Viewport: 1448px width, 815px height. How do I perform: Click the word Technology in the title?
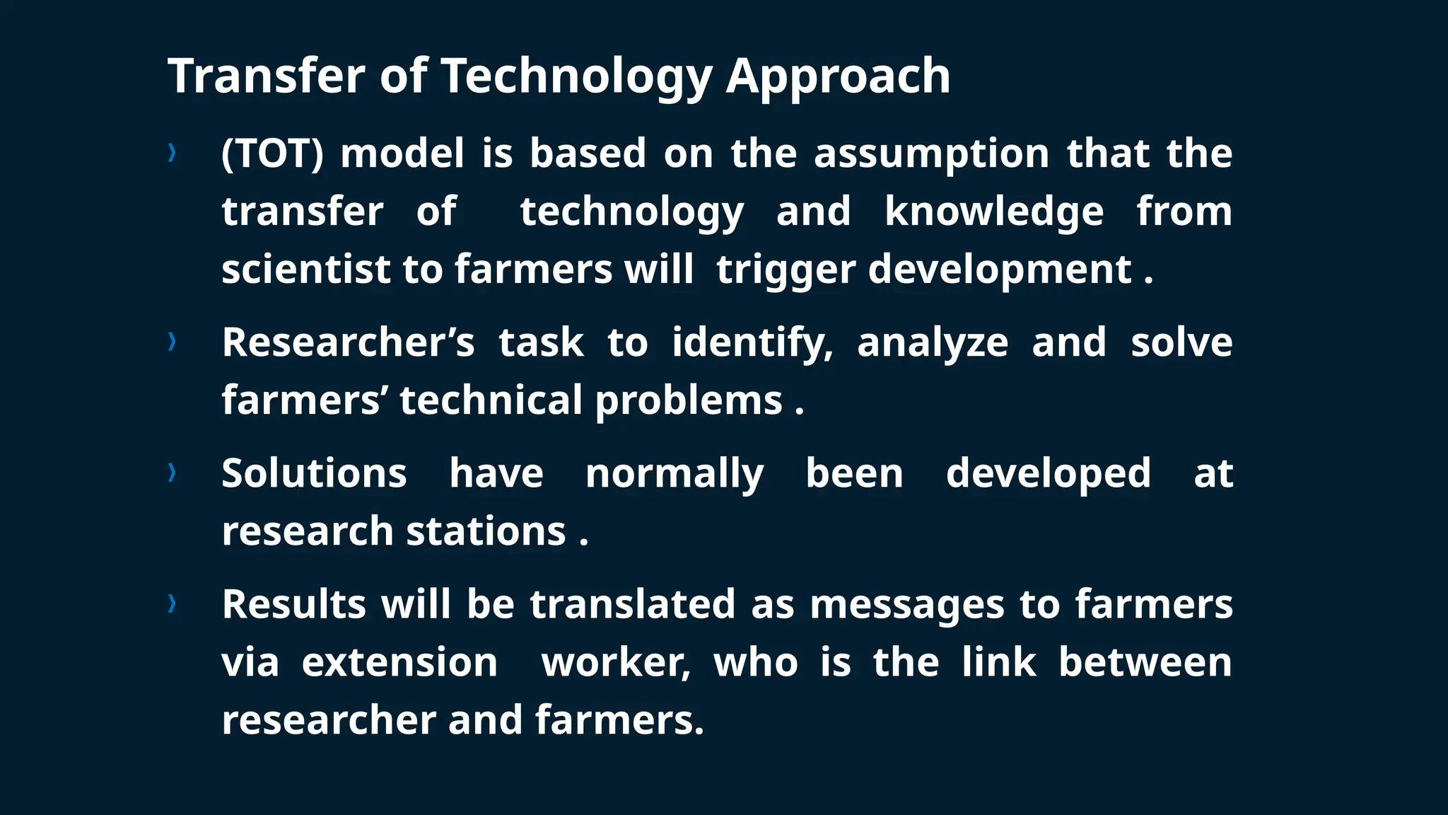[x=576, y=76]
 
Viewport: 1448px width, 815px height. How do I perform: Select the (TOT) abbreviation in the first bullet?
[x=272, y=154]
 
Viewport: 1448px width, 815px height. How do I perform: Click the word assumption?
[x=931, y=154]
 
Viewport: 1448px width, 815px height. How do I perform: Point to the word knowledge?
[x=993, y=212]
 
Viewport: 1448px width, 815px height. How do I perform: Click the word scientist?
[x=305, y=270]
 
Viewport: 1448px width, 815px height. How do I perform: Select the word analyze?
[x=932, y=343]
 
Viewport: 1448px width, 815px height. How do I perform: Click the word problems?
[x=688, y=401]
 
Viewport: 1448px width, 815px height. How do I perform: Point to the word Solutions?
[x=314, y=473]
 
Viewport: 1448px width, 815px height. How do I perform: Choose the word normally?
[x=674, y=474]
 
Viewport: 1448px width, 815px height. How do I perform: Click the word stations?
[x=486, y=531]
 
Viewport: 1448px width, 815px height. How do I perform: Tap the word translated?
[x=633, y=604]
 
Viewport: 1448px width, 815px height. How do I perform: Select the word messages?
[x=906, y=606]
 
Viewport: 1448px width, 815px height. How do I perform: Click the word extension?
[x=399, y=663]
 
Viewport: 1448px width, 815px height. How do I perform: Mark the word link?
[x=998, y=663]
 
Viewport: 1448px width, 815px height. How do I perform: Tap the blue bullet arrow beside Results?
[x=172, y=603]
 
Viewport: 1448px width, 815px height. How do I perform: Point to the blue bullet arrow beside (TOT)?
[x=172, y=152]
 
